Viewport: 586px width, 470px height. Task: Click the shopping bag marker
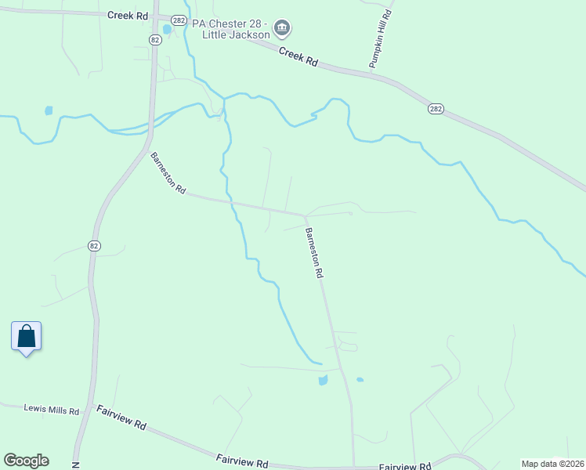(27, 337)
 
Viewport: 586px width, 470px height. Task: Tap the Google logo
(26, 461)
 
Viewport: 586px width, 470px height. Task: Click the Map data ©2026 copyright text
(552, 464)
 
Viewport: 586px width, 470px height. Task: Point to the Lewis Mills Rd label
(52, 409)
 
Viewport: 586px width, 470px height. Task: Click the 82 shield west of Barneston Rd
(94, 245)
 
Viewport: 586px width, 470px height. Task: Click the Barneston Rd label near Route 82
(168, 173)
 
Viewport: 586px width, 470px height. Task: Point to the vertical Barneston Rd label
(313, 253)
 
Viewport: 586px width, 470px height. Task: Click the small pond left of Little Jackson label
(167, 29)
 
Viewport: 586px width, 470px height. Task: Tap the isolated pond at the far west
(49, 110)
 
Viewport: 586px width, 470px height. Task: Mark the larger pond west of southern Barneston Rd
(322, 381)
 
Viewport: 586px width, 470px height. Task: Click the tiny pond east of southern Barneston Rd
(360, 380)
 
